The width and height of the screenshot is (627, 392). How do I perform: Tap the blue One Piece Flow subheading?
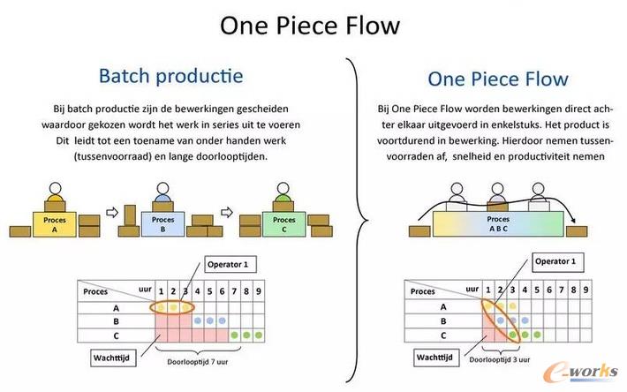pyautogui.click(x=498, y=79)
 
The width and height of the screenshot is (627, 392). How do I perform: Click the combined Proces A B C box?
pyautogui.click(x=499, y=222)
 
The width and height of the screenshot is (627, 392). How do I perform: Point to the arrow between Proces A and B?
pyautogui.click(x=111, y=213)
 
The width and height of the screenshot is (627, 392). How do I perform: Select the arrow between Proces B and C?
pyautogui.click(x=226, y=213)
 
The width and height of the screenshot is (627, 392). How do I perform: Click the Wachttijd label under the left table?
pyautogui.click(x=115, y=358)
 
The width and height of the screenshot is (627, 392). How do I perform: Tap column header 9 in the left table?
pyautogui.click(x=259, y=290)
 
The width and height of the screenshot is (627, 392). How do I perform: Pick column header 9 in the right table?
pyautogui.click(x=585, y=290)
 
